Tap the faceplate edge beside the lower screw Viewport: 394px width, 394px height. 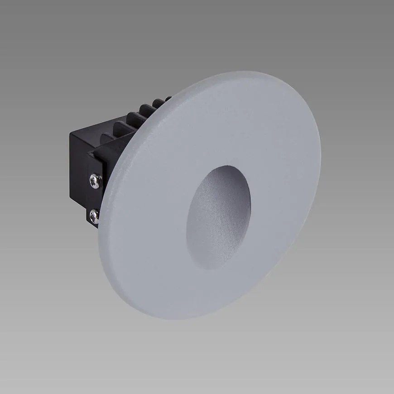tap(101, 217)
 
